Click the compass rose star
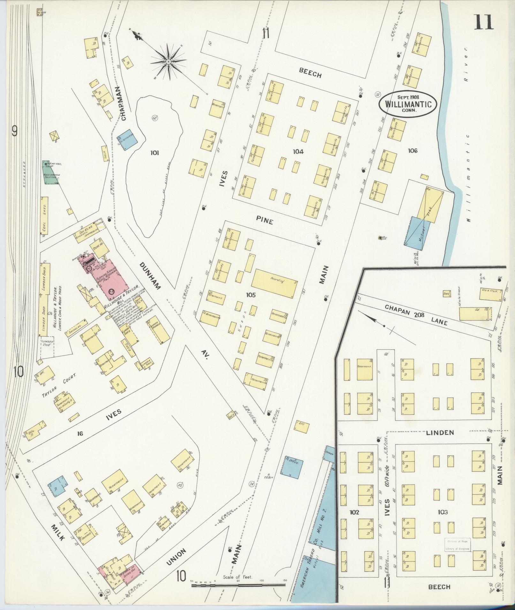[x=168, y=61]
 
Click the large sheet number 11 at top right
[x=483, y=22]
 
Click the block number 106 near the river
[x=412, y=151]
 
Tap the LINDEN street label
[x=440, y=433]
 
